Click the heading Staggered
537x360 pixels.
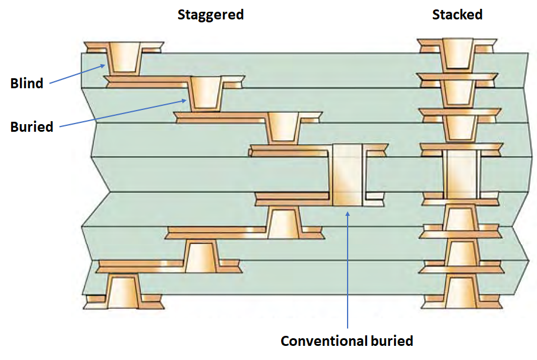pos(211,15)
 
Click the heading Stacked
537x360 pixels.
pos(457,15)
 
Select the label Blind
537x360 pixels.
pos(27,84)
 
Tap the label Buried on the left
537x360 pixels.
pos(32,126)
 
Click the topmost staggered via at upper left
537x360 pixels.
pos(125,57)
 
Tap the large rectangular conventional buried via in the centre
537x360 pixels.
pos(347,175)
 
